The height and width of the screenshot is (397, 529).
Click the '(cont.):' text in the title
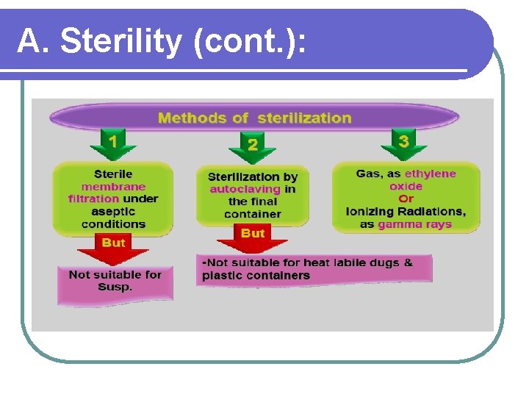pyautogui.click(x=251, y=43)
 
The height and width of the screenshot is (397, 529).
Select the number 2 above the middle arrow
pyautogui.click(x=252, y=145)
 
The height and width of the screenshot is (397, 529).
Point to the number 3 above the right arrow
pyautogui.click(x=403, y=140)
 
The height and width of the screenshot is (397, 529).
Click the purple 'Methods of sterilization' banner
pyautogui.click(x=254, y=118)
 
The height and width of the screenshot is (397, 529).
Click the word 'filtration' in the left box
pyautogui.click(x=93, y=198)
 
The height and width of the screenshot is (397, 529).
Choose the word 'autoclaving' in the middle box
pyautogui.click(x=245, y=189)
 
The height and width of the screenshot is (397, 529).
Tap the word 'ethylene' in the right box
pyautogui.click(x=431, y=174)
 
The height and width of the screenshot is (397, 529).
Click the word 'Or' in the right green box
pyautogui.click(x=406, y=198)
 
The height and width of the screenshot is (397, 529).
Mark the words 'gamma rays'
pyautogui.click(x=414, y=224)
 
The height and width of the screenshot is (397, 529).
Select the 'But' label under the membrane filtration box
pyautogui.click(x=113, y=243)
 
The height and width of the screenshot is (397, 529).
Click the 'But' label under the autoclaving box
pyautogui.click(x=252, y=233)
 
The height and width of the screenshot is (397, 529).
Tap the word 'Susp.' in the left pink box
pyautogui.click(x=115, y=287)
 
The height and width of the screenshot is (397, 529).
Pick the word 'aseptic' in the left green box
pyautogui.click(x=113, y=211)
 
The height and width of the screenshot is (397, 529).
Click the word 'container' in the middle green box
pyautogui.click(x=252, y=214)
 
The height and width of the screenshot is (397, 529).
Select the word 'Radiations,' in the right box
pyautogui.click(x=431, y=212)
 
